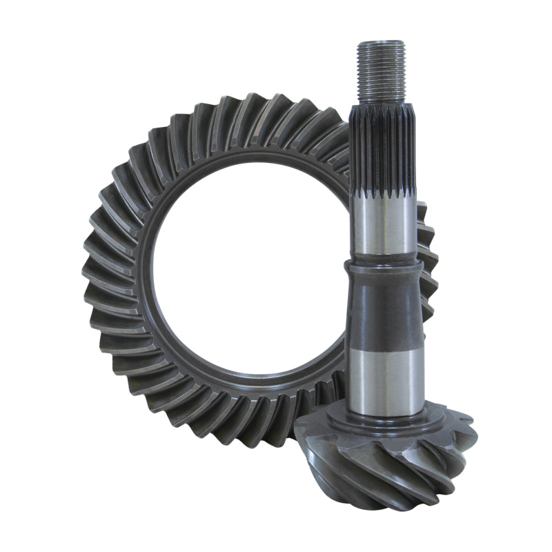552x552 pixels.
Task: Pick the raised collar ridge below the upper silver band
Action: click(x=382, y=266)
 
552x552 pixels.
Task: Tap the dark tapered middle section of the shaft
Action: click(x=382, y=310)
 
